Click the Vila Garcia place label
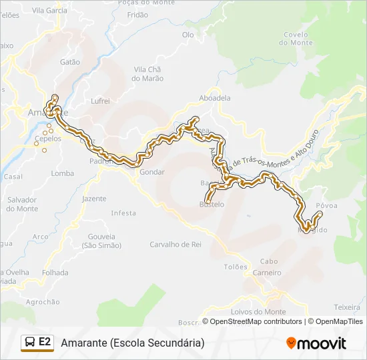coord(49,11)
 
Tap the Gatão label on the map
coord(69,62)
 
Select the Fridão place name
coord(137,14)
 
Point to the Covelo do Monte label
coord(296,39)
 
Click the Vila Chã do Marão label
coord(148,73)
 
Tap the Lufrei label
coord(100,101)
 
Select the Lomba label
coord(63,173)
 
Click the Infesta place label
coord(123,213)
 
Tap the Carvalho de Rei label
coord(175,244)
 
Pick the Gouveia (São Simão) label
coord(102,241)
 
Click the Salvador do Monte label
coord(23,204)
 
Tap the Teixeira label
coord(347,307)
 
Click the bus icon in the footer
coord(29,343)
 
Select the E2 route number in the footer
coord(45,342)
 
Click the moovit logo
coord(316,343)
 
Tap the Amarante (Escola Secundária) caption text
coord(132,343)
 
